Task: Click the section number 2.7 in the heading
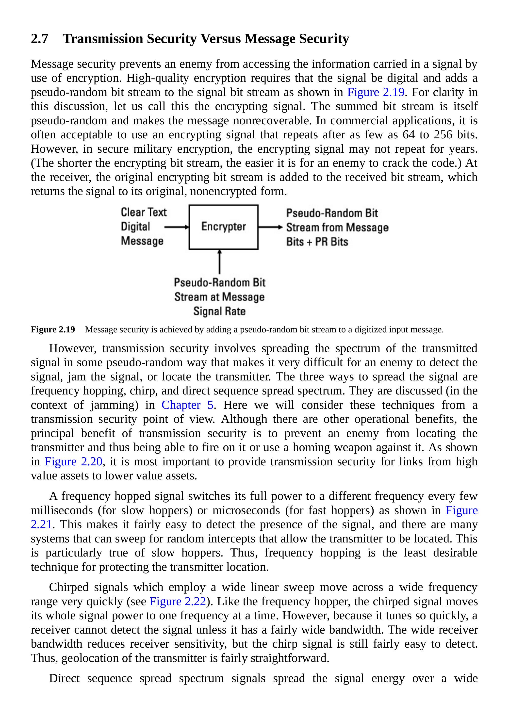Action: click(x=39, y=39)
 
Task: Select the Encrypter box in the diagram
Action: click(x=223, y=227)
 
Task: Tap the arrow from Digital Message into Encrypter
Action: click(x=176, y=227)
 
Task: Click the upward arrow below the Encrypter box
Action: click(x=219, y=261)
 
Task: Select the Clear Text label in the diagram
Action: click(x=144, y=212)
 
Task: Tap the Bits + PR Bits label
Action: click(x=317, y=242)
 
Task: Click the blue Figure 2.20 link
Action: click(x=73, y=462)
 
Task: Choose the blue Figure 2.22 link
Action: click(x=178, y=602)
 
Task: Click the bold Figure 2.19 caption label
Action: click(x=53, y=329)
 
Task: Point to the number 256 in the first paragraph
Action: click(x=443, y=134)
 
